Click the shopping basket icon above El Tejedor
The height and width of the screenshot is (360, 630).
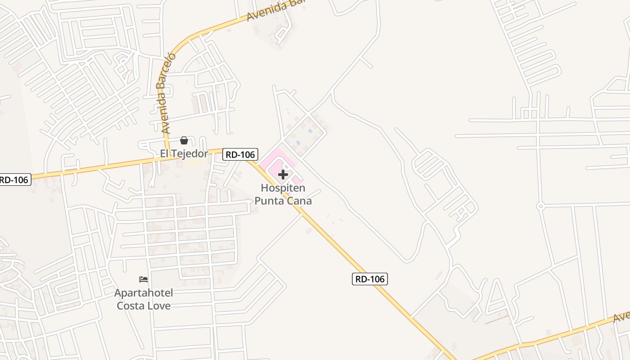184,140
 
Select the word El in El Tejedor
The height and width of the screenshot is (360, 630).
165,154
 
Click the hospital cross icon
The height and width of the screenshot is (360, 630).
283,175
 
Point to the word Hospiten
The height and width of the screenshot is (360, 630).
283,188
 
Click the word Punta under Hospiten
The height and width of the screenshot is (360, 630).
270,200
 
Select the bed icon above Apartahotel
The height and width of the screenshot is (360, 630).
144,279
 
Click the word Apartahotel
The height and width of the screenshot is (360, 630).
144,293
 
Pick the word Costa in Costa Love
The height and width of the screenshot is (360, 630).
130,306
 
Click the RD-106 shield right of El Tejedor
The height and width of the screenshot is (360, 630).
240,155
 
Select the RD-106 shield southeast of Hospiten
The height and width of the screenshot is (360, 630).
369,279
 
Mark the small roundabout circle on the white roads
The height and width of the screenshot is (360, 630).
541,207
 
